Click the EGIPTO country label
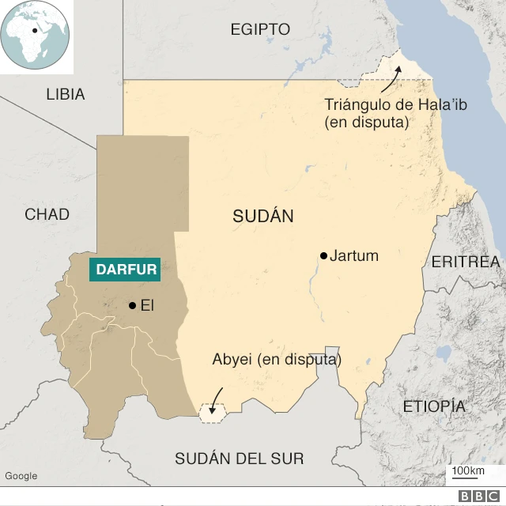[260, 29]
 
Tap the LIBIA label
[65, 94]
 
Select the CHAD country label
[47, 214]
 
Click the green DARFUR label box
[126, 269]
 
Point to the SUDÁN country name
[263, 217]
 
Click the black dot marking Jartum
[323, 255]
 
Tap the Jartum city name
[354, 256]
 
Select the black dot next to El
[132, 305]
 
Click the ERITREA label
[466, 262]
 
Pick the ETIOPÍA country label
[434, 406]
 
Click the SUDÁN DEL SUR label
[239, 459]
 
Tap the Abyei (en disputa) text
[277, 360]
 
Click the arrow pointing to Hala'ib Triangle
[389, 79]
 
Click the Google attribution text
[21, 475]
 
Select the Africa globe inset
[36, 36]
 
